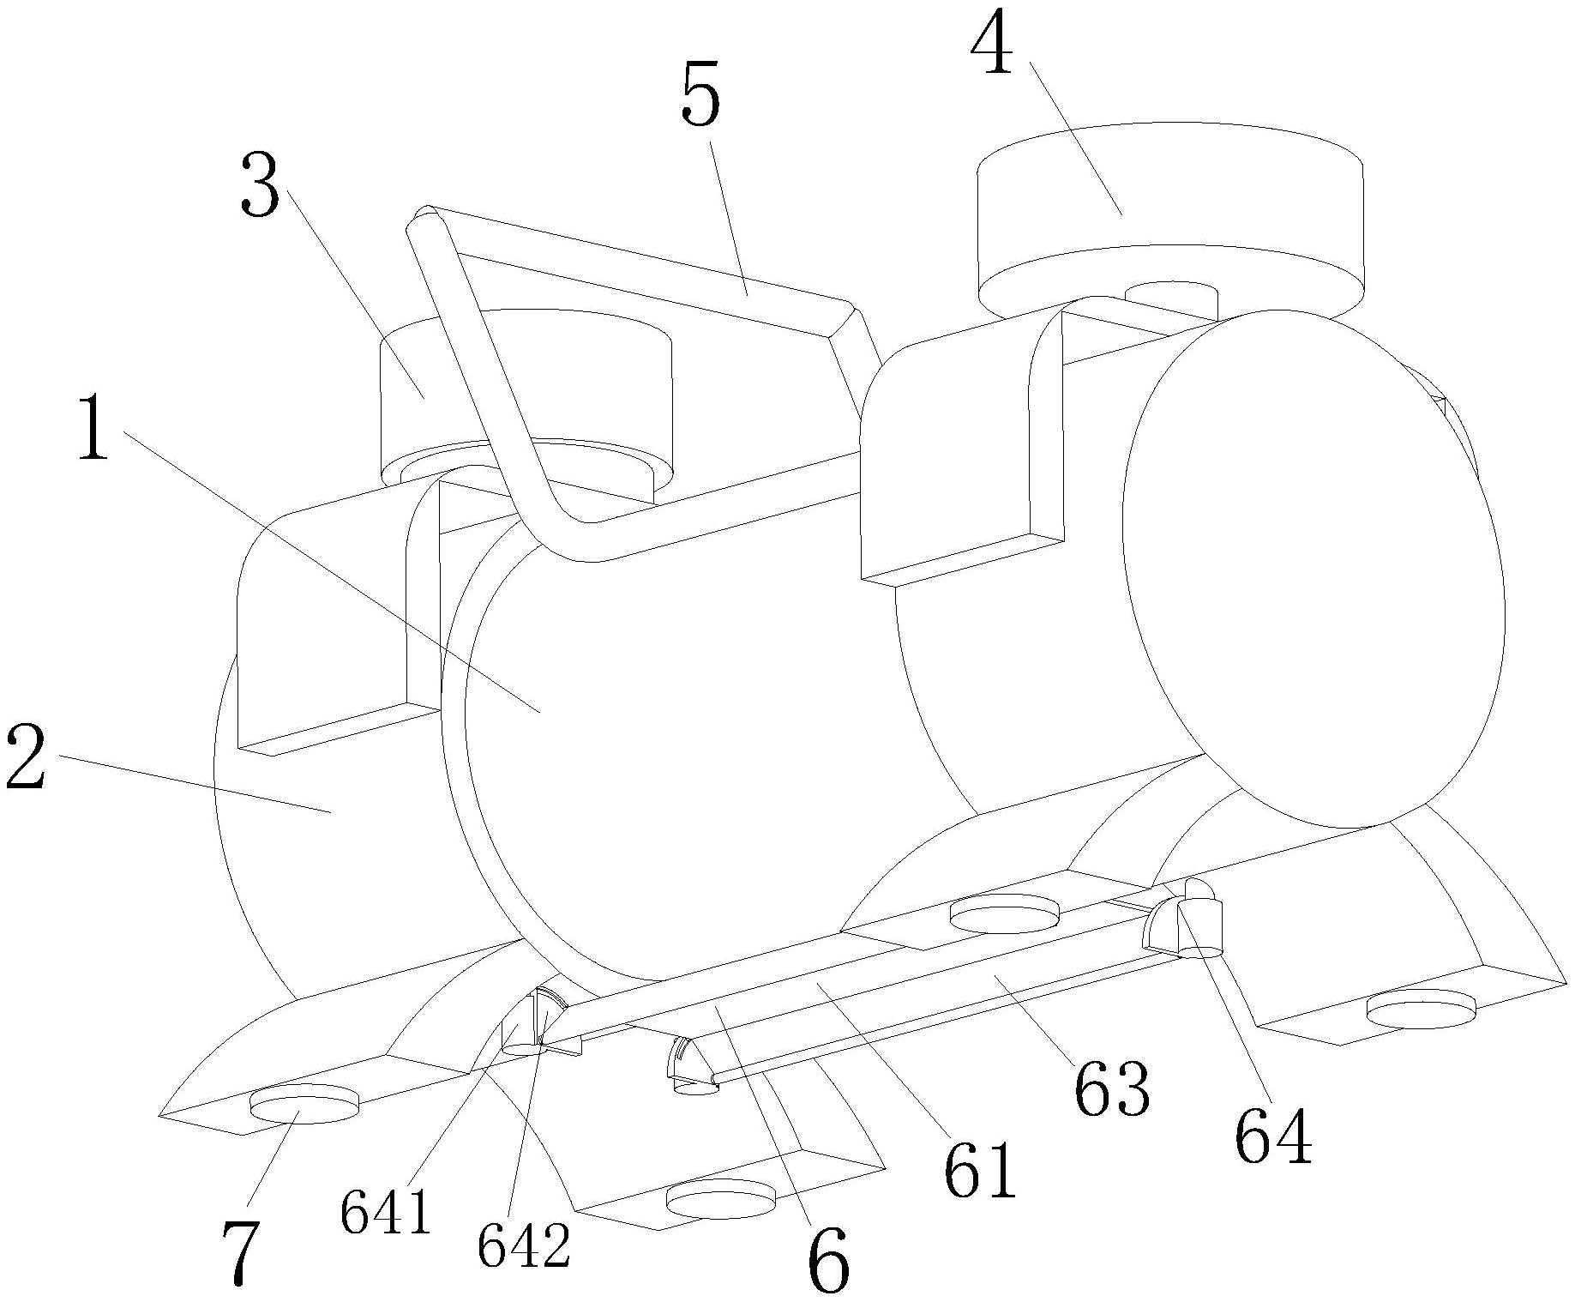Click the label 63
1112,1087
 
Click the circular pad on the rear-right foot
1421,1009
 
